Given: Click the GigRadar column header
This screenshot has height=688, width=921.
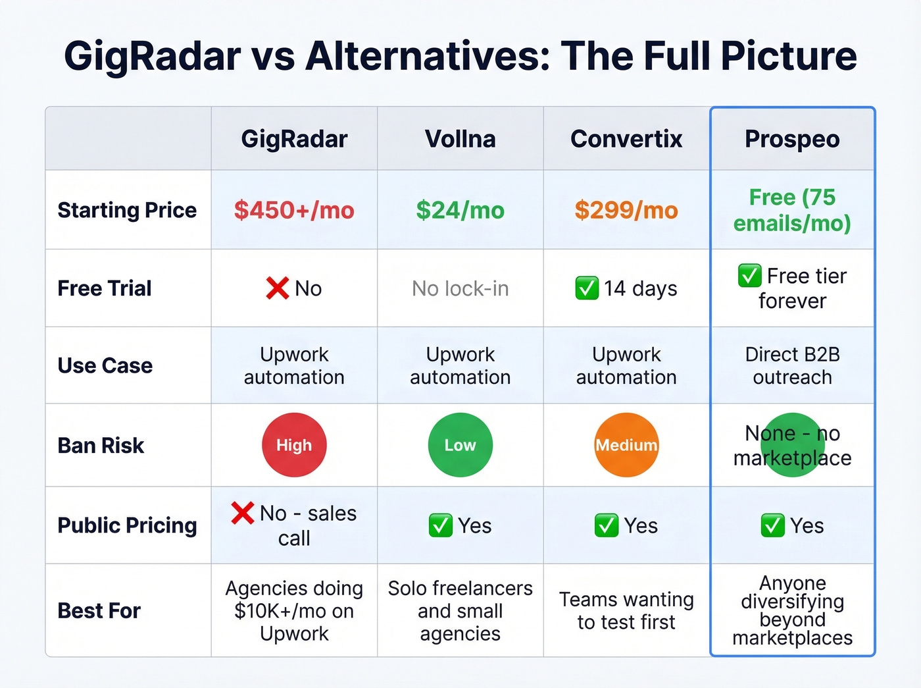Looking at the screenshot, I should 294,139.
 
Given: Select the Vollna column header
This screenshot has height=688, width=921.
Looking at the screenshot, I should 460,139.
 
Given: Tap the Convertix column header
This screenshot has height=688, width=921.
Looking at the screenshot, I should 626,139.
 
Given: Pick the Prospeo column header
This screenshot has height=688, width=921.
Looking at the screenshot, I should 792,139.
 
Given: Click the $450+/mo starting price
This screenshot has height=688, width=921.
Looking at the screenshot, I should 294,210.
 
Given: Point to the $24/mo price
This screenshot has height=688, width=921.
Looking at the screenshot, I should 460,210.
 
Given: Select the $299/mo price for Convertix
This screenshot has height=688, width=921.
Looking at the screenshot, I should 626,210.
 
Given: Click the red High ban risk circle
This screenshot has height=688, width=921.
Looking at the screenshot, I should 294,445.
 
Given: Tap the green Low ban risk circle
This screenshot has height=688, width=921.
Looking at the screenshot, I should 460,445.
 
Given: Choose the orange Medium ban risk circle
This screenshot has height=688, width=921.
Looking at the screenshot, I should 626,445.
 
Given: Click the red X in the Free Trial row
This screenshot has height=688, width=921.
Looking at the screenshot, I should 277,288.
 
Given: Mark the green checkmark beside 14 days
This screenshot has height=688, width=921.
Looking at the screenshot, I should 586,288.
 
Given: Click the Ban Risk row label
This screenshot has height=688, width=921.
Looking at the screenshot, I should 101,446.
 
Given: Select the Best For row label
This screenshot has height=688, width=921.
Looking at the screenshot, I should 99,611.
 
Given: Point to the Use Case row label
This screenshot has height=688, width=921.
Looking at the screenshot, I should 105,365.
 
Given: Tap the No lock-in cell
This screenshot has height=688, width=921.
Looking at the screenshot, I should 460,288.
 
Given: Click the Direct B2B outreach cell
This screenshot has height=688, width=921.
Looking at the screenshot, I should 792,365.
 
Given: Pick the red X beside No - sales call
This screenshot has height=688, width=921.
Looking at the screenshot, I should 243,513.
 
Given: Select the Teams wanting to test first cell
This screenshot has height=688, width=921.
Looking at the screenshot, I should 626,611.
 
